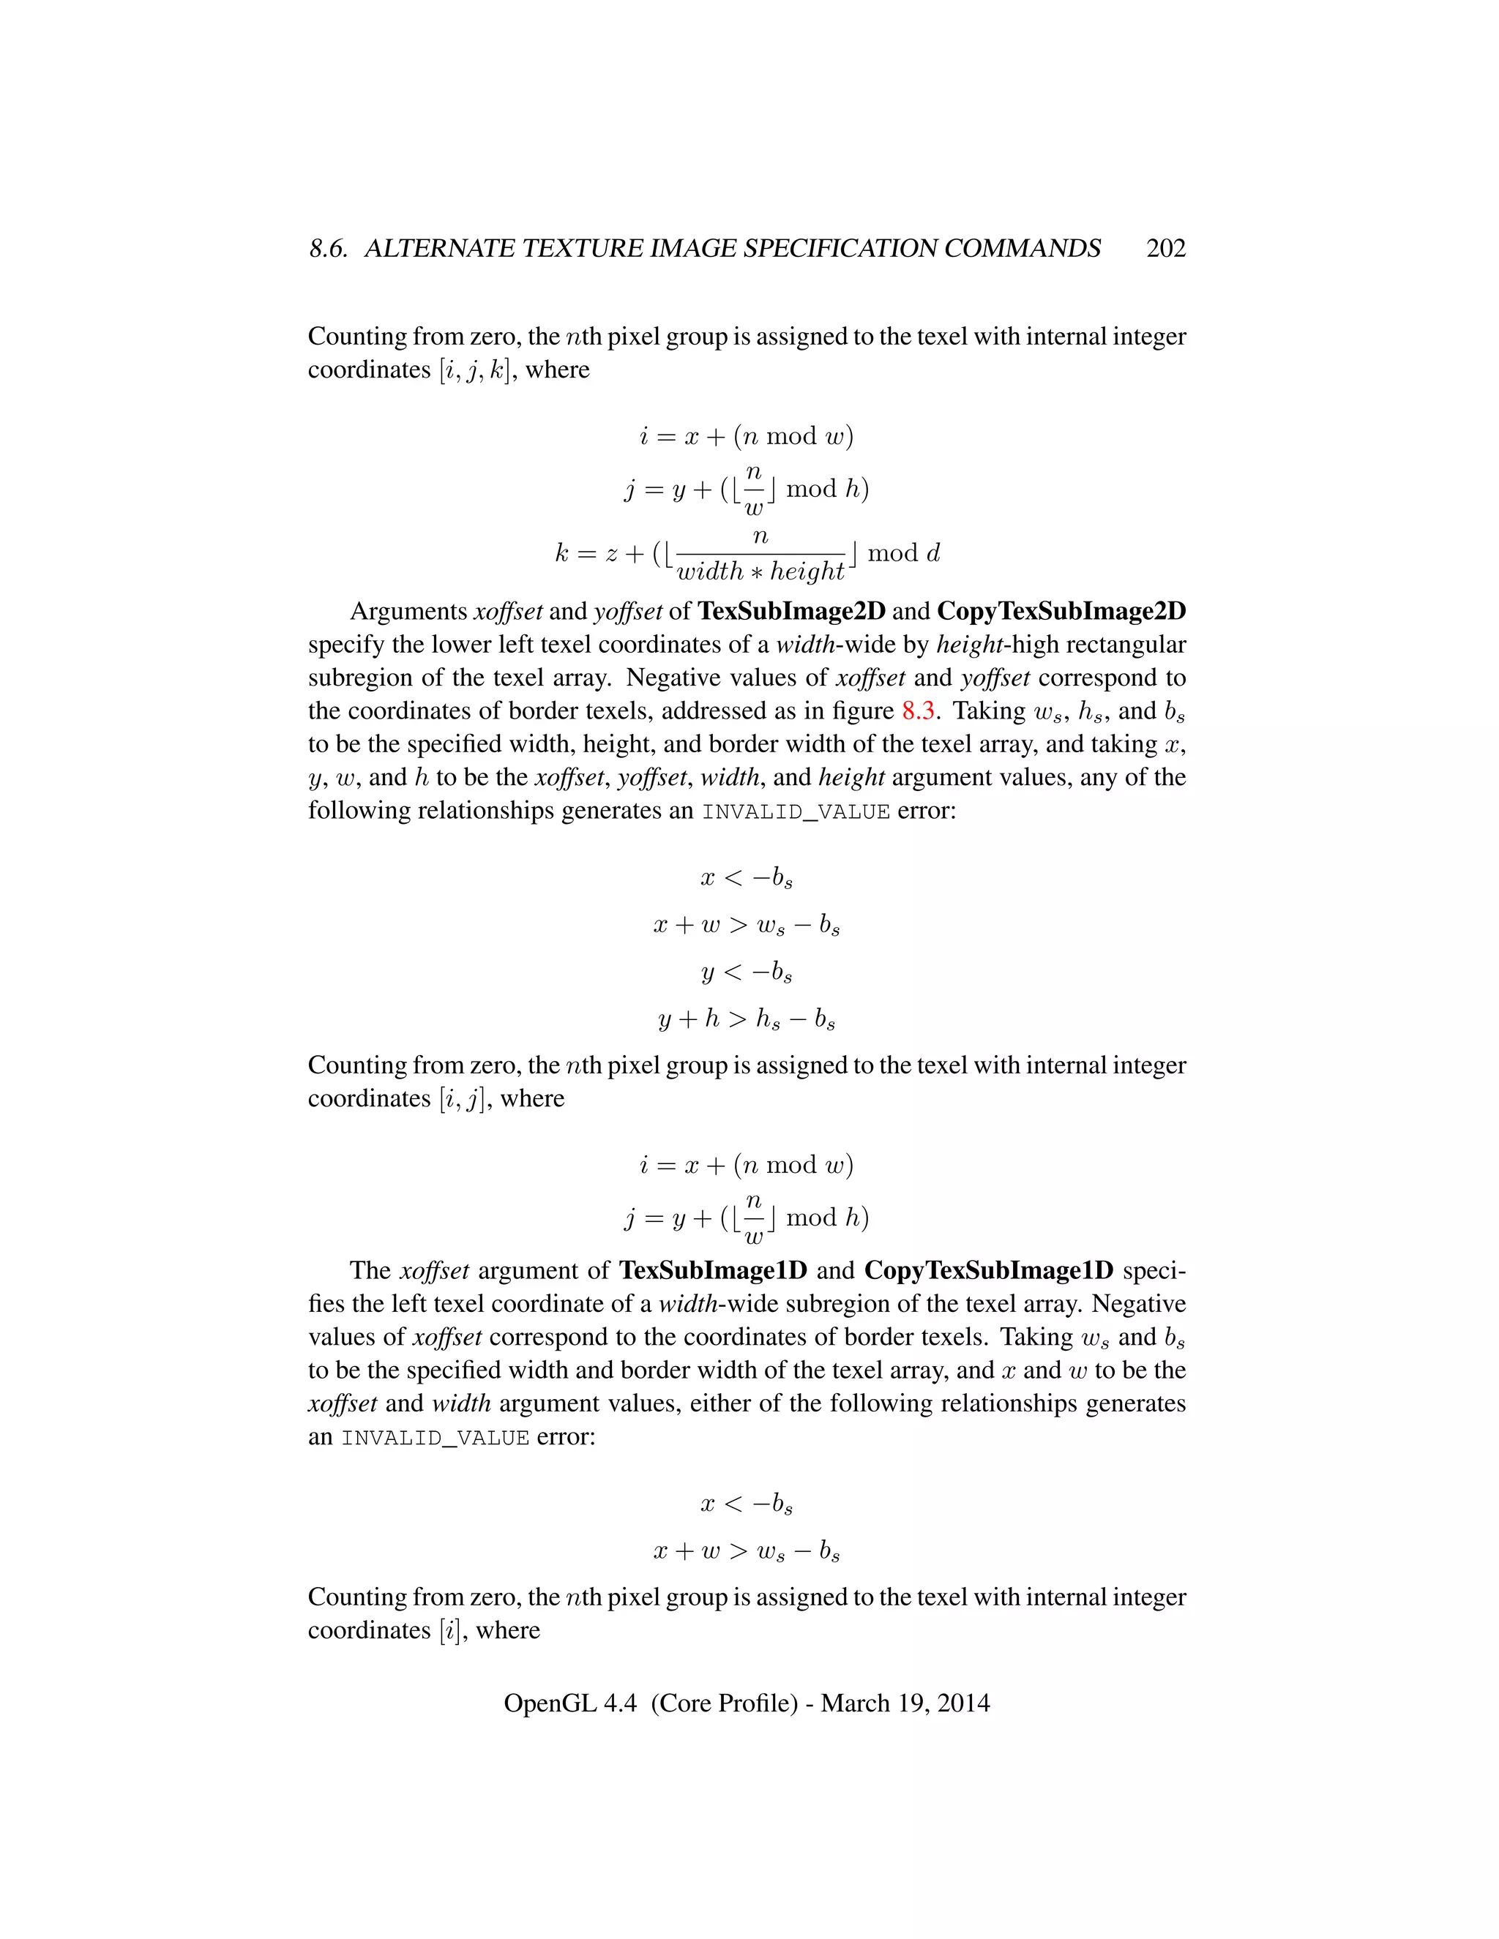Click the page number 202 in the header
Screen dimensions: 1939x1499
[x=1165, y=249]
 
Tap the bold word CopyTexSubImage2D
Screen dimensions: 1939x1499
[x=1061, y=612]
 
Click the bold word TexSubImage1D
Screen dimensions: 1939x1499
[x=713, y=1270]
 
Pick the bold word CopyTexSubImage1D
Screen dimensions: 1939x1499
[x=988, y=1270]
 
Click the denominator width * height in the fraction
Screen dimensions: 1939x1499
[x=760, y=571]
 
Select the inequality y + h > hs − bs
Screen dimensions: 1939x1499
[x=747, y=1019]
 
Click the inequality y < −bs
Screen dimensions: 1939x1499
[x=747, y=972]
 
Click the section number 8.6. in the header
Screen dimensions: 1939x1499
[x=328, y=249]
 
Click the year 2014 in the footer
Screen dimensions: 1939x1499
[x=962, y=1703]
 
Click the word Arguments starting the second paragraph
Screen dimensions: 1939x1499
[x=408, y=612]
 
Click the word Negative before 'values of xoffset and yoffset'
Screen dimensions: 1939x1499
[x=677, y=678]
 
